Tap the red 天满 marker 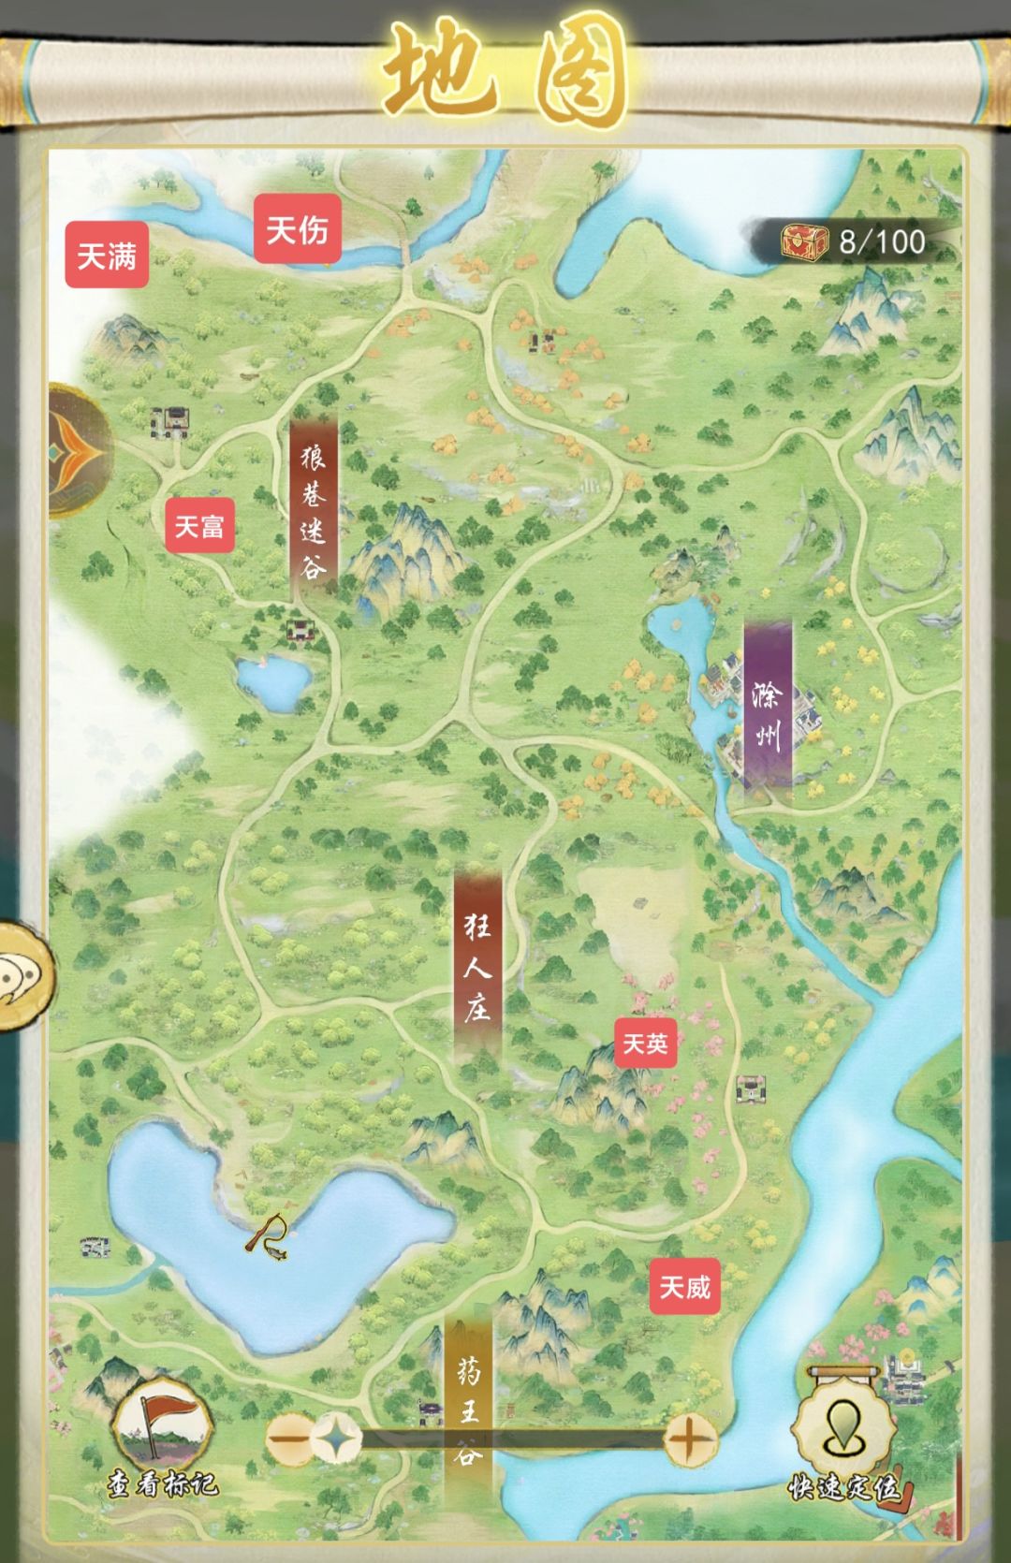(107, 256)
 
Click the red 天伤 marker (297, 228)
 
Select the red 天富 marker (199, 526)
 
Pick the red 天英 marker (645, 1044)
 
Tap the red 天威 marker (684, 1288)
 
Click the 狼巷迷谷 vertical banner (314, 511)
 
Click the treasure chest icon (805, 242)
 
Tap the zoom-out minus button (289, 1439)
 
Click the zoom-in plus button (689, 1439)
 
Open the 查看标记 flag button (161, 1432)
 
